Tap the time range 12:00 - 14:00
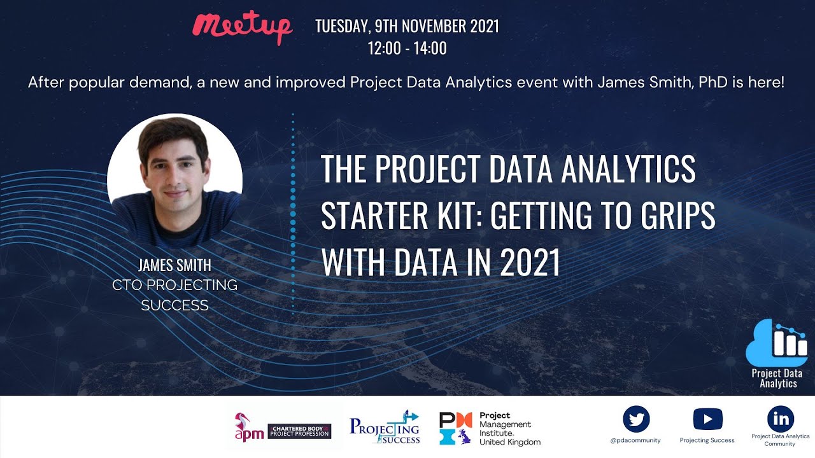point(407,48)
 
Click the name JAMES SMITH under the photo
point(174,265)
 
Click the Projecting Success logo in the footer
point(385,427)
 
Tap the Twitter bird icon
point(636,419)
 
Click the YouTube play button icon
point(707,419)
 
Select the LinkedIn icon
point(781,419)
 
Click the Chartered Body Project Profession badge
point(299,431)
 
